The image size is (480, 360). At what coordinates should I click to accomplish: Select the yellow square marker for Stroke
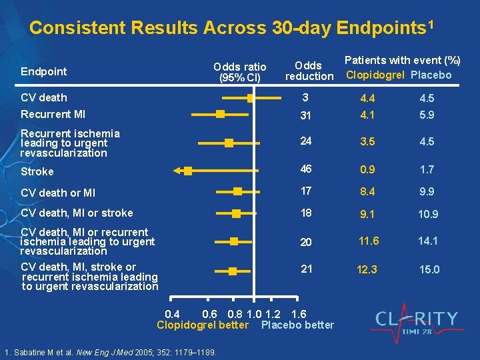[188, 171]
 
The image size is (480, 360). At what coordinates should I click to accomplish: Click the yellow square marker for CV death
[250, 98]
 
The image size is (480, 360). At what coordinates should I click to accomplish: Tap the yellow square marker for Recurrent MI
[220, 115]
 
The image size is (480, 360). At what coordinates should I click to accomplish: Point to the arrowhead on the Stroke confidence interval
[177, 171]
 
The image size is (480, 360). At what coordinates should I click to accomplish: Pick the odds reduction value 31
[306, 115]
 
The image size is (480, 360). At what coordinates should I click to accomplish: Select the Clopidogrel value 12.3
[367, 269]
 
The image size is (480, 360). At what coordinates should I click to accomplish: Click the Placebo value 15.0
[429, 269]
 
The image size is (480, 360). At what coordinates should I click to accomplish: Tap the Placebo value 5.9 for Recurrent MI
[427, 115]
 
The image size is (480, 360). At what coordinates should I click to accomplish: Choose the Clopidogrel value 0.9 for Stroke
[367, 170]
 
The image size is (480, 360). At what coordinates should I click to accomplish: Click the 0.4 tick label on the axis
[172, 314]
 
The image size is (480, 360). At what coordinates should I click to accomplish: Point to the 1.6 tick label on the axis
[299, 314]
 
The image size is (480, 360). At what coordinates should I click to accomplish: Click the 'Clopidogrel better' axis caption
[202, 325]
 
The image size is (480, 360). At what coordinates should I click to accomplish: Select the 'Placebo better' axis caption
[297, 325]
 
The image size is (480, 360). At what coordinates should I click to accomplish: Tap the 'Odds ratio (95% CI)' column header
[239, 72]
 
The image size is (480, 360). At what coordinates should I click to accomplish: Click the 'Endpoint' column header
[43, 71]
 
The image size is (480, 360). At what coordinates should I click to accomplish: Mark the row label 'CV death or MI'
[58, 193]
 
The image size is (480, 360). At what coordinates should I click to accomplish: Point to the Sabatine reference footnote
[110, 352]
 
